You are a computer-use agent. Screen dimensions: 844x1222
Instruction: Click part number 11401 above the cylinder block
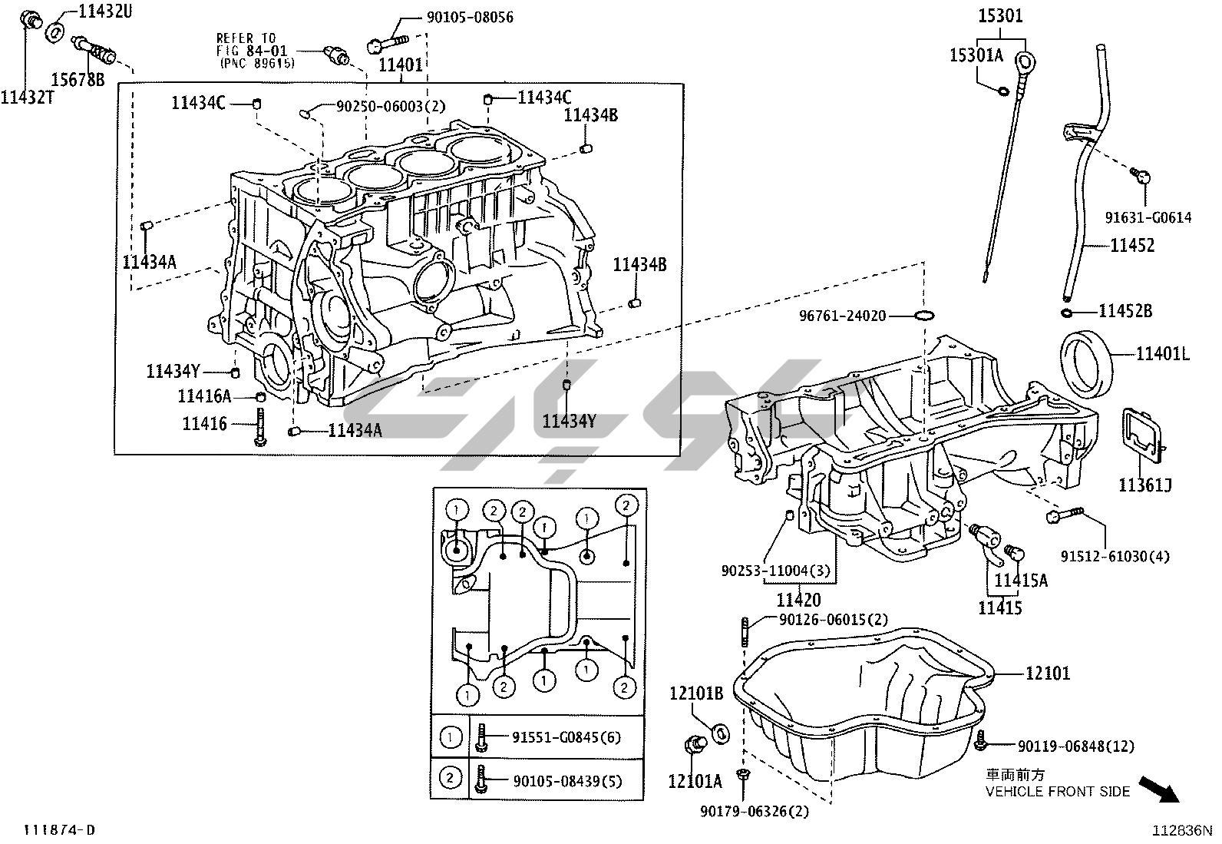click(400, 65)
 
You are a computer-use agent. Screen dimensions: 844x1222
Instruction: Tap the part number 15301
click(1001, 15)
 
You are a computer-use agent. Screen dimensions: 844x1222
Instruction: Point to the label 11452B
click(1125, 311)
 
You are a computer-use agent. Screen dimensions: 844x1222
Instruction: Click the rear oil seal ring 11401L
click(1087, 358)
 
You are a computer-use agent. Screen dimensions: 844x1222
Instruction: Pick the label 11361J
click(1144, 485)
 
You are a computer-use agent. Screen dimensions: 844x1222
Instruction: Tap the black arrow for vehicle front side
click(1160, 789)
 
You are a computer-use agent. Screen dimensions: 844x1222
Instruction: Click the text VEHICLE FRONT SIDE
click(1057, 791)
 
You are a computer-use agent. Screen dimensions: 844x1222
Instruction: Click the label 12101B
click(696, 694)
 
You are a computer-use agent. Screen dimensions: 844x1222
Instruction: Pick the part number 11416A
click(204, 396)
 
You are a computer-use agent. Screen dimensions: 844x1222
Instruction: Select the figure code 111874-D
click(59, 829)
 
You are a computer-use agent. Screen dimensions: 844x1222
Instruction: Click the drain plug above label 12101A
click(695, 745)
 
